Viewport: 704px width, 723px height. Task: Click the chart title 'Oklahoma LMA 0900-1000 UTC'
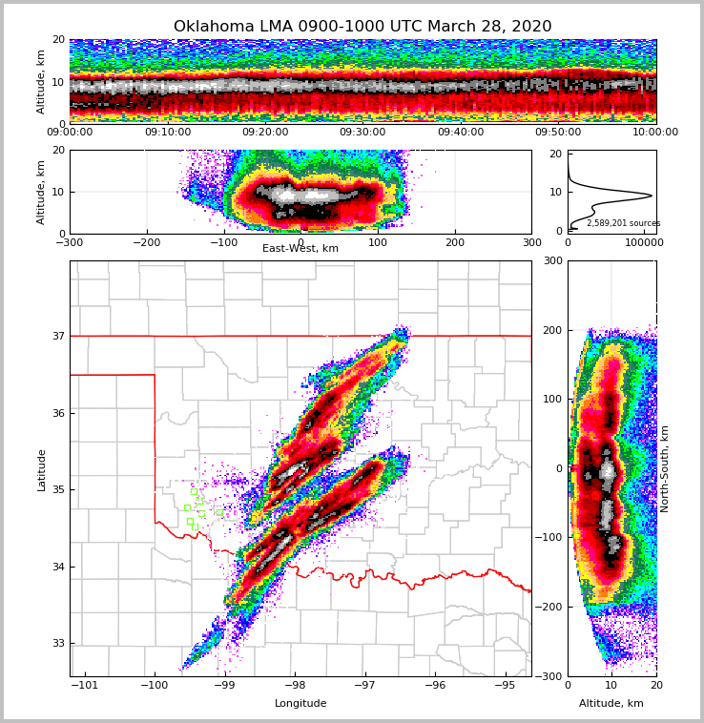362,27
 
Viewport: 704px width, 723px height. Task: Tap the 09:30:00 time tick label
362,133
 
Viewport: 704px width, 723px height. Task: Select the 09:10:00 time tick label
167,133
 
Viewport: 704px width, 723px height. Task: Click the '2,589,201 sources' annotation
623,223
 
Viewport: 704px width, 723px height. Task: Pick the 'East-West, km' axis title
300,249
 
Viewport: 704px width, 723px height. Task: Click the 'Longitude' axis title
300,704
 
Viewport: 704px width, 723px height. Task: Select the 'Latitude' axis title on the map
42,469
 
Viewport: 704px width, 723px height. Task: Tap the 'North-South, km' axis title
665,469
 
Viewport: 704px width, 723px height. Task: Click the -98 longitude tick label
294,685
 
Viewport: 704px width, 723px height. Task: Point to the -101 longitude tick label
86,685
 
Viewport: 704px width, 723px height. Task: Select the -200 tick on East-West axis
146,242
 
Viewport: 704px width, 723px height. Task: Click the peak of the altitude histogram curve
652,196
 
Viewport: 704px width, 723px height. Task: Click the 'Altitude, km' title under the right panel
611,704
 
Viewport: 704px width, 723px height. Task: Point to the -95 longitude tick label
505,685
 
